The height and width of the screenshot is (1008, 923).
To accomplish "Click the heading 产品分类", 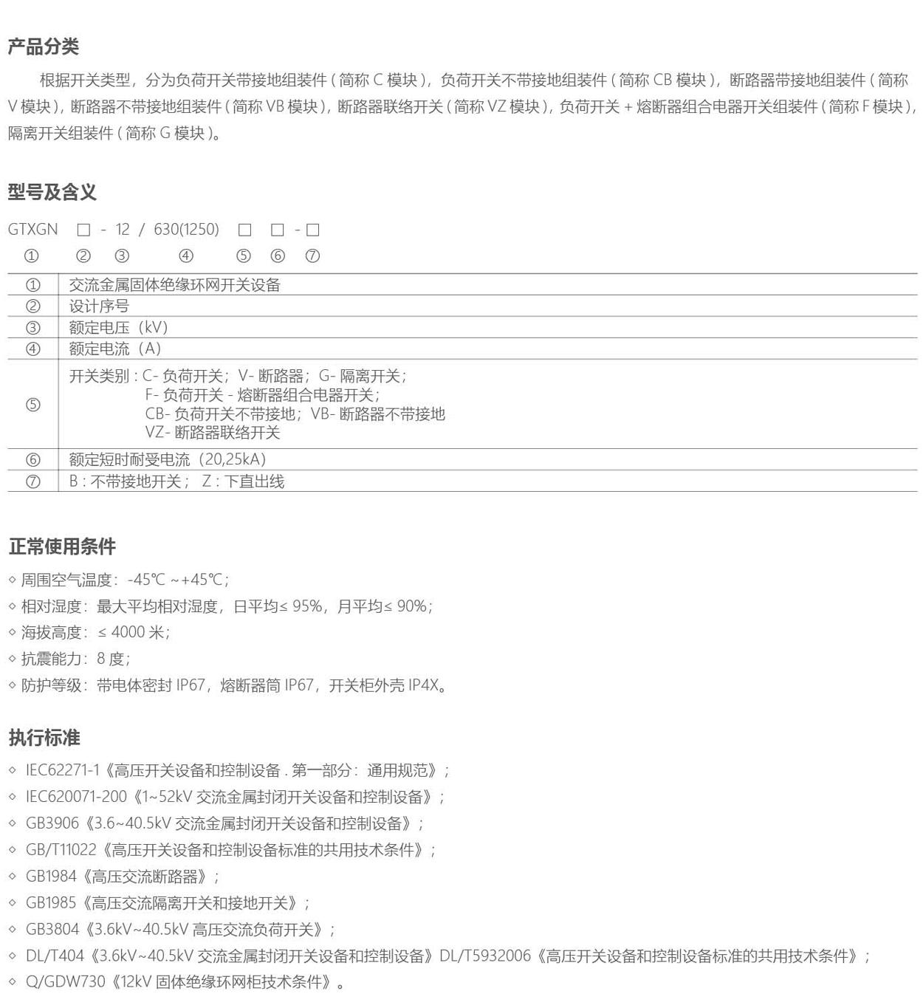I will [44, 47].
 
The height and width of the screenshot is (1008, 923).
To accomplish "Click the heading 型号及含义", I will [52, 193].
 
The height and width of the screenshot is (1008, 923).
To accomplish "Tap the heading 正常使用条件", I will [62, 546].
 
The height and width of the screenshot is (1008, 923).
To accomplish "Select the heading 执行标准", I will [44, 737].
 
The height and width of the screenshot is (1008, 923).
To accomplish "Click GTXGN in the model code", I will [33, 230].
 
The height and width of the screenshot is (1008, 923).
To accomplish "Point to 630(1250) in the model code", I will [186, 230].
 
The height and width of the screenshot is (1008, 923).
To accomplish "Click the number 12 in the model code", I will [123, 230].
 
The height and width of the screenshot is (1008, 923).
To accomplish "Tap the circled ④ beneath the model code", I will [186, 256].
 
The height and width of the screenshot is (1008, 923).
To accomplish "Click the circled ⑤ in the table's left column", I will [33, 405].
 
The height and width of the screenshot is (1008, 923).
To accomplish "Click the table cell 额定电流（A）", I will [114, 349].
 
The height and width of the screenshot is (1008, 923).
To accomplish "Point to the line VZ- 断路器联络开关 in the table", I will [213, 433].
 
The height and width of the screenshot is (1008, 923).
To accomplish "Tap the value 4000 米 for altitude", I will [138, 632].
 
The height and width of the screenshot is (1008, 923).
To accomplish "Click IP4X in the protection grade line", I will [423, 685].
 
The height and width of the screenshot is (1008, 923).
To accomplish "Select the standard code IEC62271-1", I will [62, 770].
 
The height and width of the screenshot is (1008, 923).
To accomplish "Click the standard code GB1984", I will [51, 877].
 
